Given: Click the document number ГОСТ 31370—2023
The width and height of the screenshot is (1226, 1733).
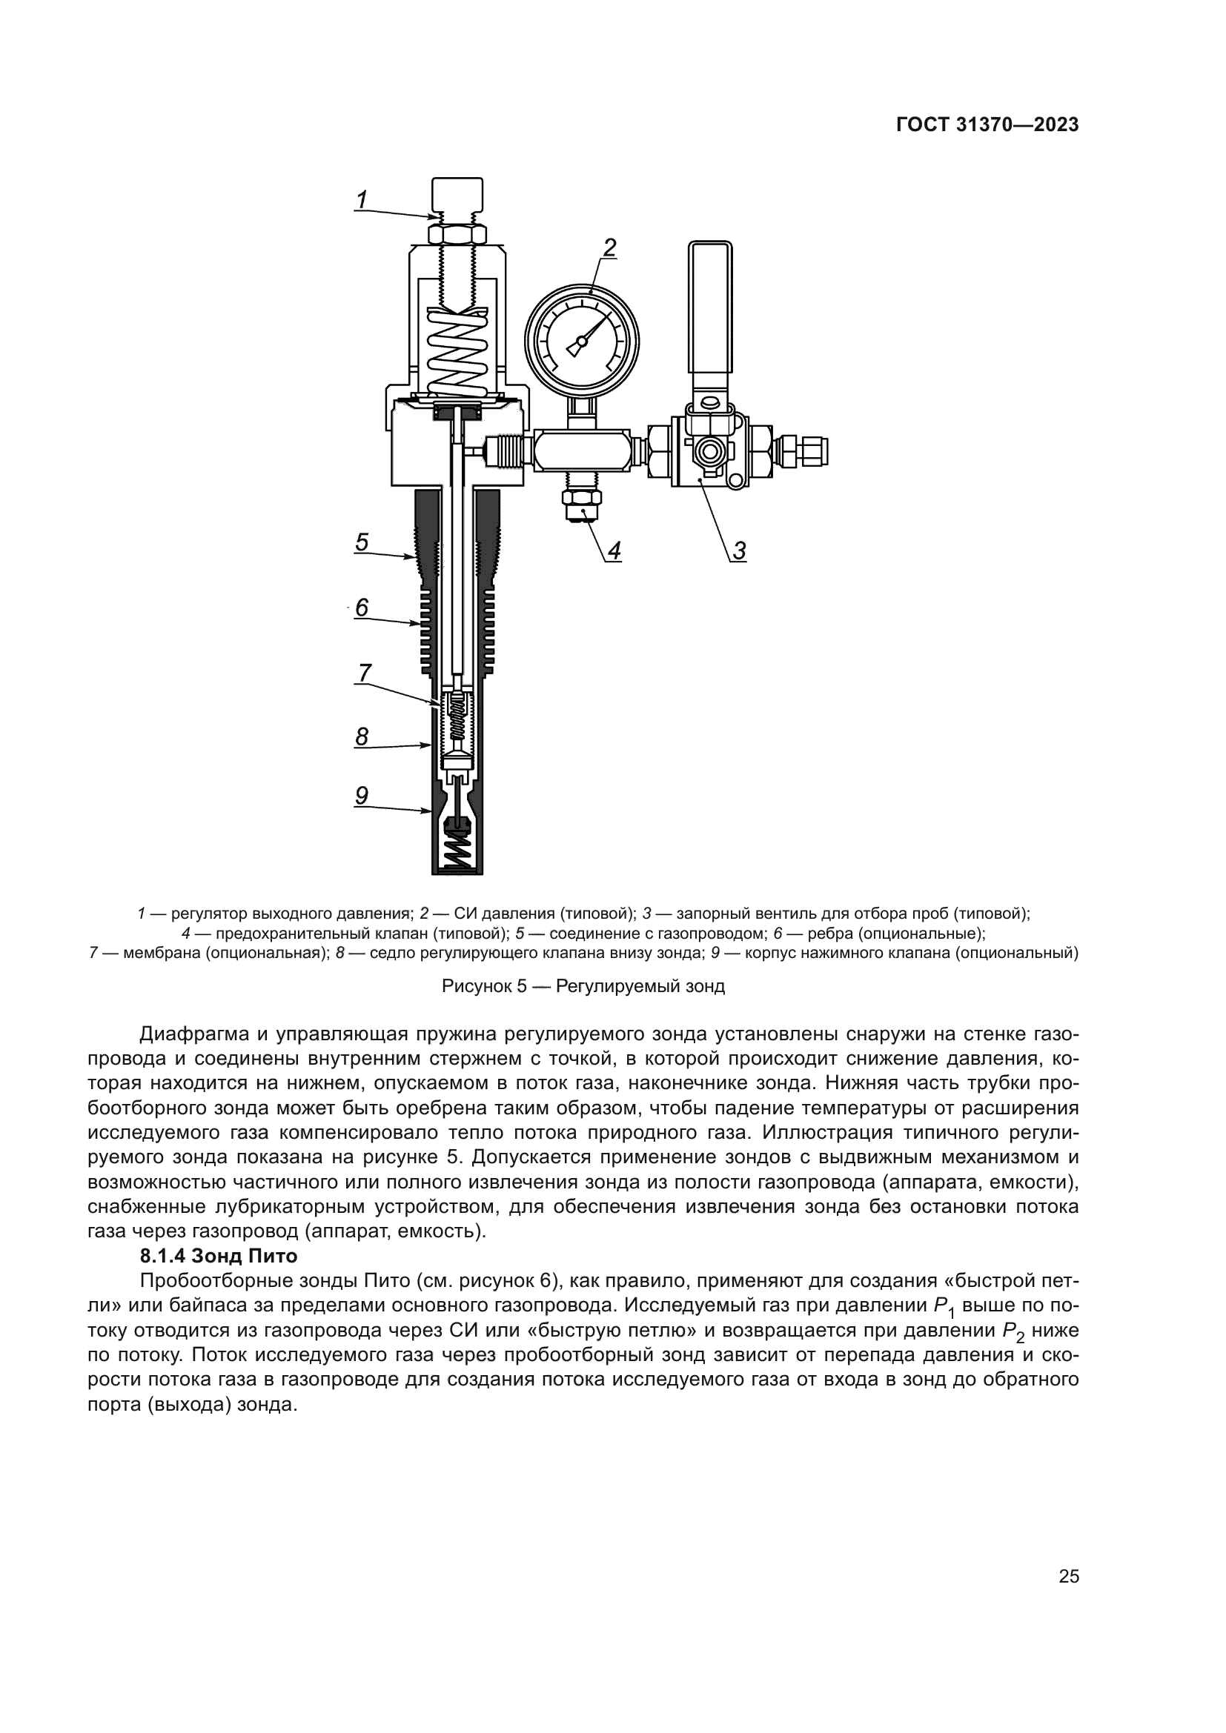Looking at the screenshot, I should [x=987, y=125].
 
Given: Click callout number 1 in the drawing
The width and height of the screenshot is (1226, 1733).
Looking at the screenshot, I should [x=362, y=200].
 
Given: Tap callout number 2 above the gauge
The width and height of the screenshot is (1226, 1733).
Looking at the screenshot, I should [x=609, y=247].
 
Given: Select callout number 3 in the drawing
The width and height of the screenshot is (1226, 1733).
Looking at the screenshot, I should [x=739, y=551].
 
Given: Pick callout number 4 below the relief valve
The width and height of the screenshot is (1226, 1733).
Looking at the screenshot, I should [x=614, y=551].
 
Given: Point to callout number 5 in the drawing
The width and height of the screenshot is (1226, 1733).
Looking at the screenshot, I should [x=362, y=542].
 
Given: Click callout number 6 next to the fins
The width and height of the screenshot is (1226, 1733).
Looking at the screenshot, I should [x=362, y=607].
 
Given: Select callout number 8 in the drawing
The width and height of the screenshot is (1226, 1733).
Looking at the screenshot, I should [x=362, y=736].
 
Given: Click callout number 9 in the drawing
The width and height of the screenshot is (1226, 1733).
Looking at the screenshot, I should [x=362, y=795].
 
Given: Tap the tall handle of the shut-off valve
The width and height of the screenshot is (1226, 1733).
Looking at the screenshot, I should [x=710, y=310].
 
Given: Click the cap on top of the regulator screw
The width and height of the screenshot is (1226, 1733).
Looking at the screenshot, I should [x=456, y=195].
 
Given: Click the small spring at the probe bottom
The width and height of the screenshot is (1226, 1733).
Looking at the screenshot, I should [x=457, y=854].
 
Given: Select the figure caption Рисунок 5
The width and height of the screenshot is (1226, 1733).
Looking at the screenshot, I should [x=583, y=985].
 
